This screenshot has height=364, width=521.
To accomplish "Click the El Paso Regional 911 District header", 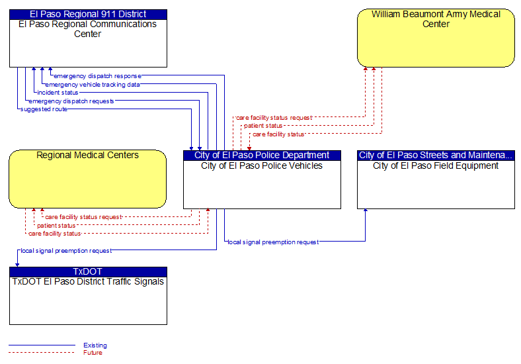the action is [x=88, y=15].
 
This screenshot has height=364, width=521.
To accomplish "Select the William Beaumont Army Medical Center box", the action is [x=436, y=38].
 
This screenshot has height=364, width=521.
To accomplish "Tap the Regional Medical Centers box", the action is [x=88, y=179].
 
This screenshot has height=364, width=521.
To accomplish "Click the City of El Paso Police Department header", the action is [x=262, y=156].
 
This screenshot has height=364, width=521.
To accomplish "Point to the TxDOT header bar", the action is [x=88, y=271].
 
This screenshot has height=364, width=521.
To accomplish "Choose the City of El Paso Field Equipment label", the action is [x=436, y=165].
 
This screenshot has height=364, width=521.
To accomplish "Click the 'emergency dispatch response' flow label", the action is [x=97, y=76].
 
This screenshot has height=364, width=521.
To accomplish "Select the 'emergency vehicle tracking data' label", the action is [x=93, y=85].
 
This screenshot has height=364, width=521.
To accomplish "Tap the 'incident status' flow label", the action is [x=58, y=93].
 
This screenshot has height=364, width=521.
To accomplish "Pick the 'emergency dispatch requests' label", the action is [x=71, y=101].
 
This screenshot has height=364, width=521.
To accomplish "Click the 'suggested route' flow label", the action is [x=44, y=109].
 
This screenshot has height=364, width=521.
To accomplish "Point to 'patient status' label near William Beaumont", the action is [x=263, y=126].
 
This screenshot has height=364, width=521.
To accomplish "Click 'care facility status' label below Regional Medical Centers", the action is [x=54, y=234].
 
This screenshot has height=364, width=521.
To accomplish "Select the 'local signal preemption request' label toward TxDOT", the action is [x=66, y=251].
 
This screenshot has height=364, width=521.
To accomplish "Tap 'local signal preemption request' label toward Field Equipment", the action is [x=273, y=242].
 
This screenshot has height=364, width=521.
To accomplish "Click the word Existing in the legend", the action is [x=95, y=345].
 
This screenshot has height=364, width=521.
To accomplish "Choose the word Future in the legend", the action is [x=93, y=352].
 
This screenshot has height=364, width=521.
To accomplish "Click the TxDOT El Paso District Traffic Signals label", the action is [x=88, y=281].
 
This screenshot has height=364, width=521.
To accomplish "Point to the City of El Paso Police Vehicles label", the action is [x=262, y=165].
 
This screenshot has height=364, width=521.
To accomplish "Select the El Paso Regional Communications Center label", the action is [x=88, y=29].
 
